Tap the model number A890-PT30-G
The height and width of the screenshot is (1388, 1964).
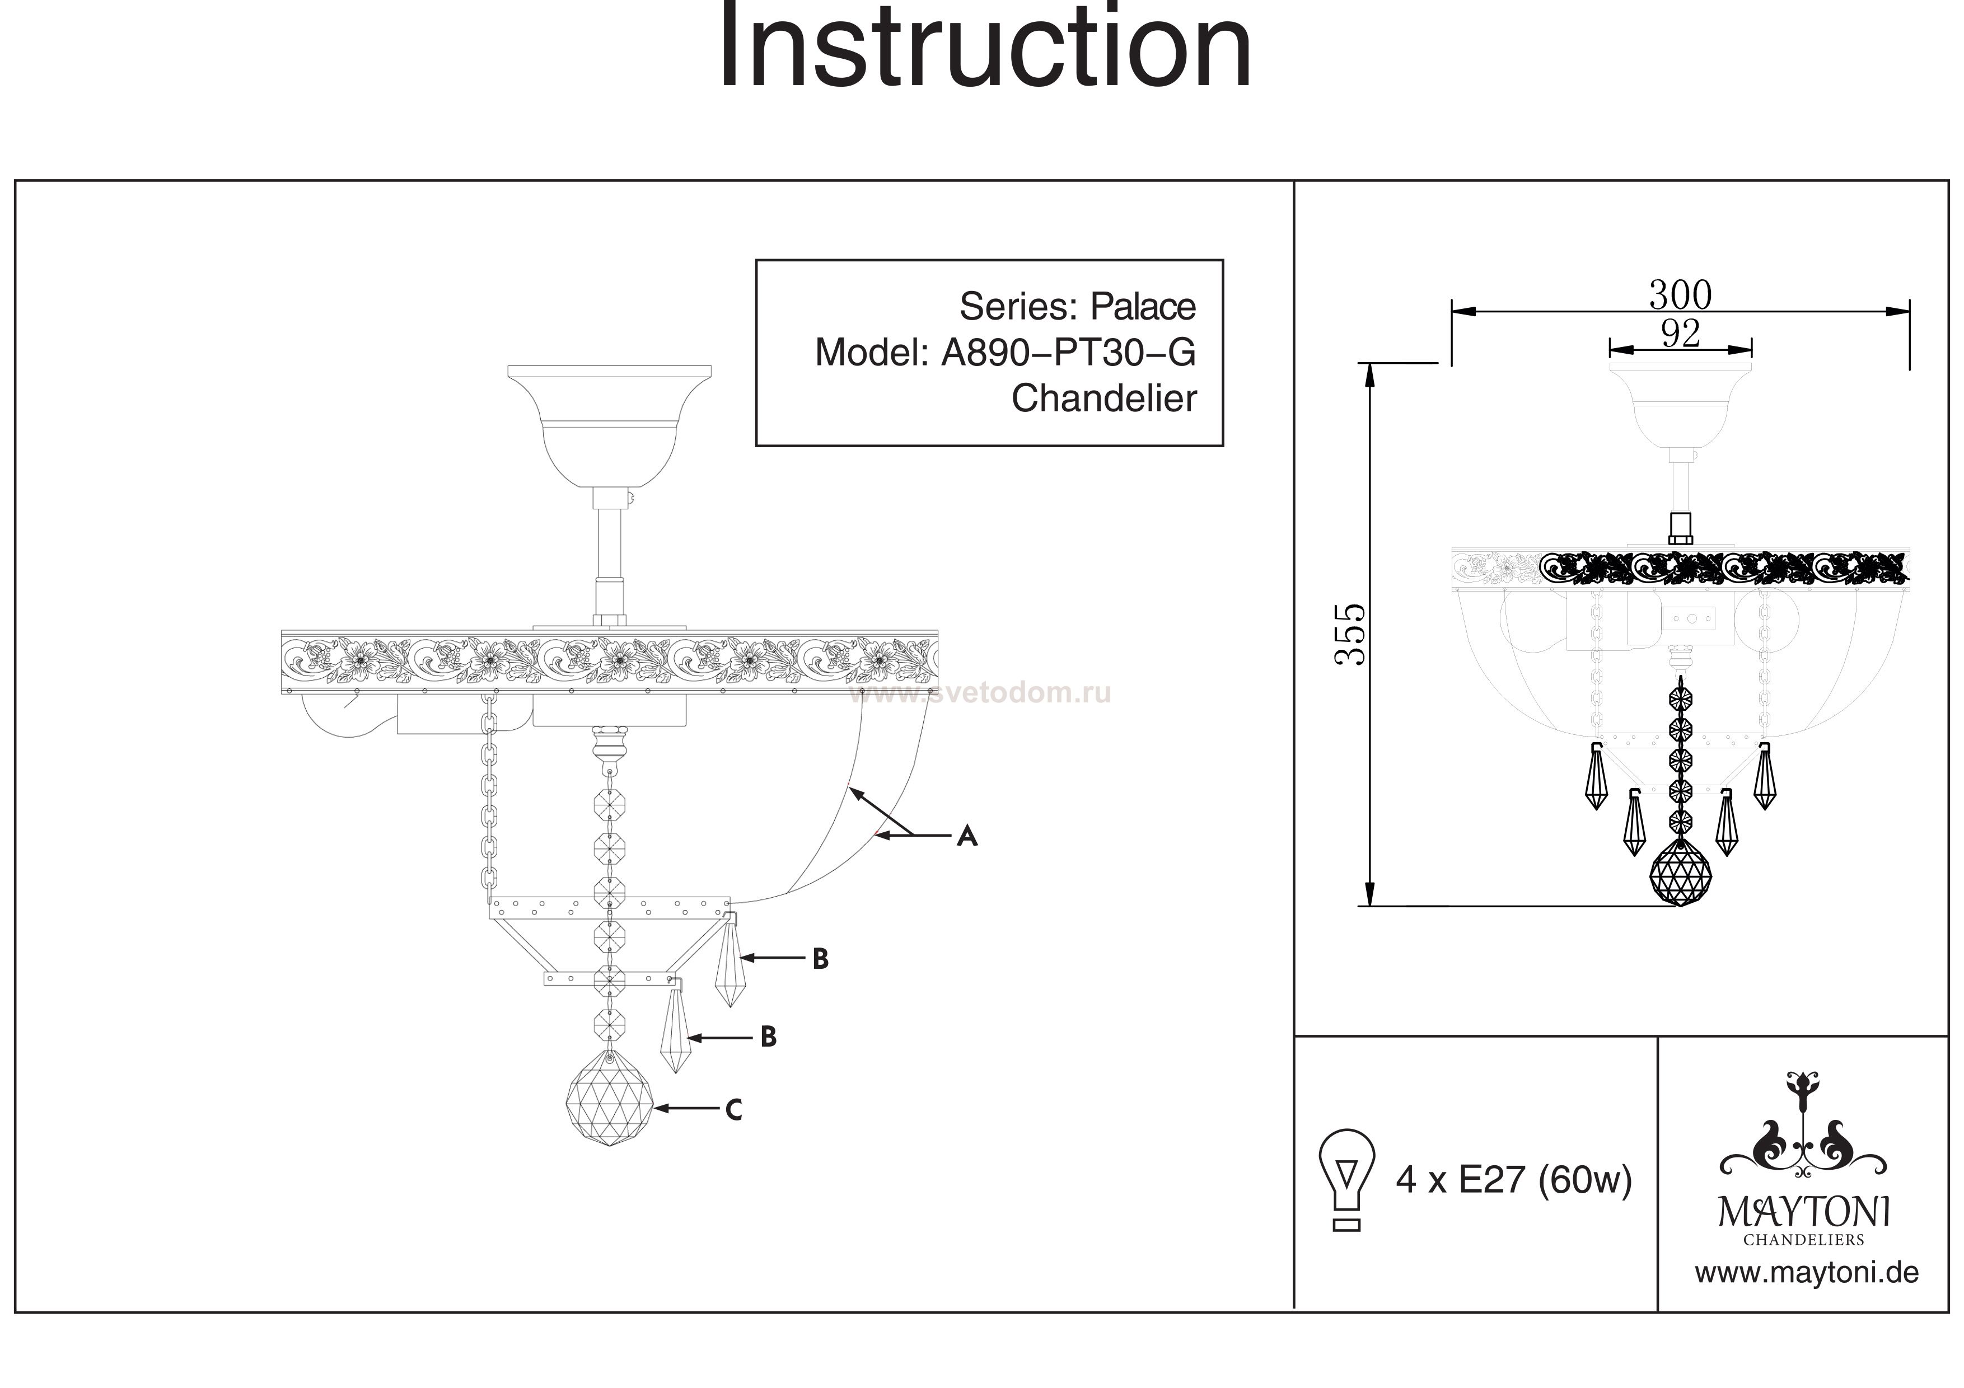pos(1068,353)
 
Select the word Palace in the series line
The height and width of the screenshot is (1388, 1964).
pos(1142,306)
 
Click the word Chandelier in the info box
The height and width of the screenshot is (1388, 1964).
pos(1103,398)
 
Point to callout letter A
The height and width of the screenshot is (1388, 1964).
pos(966,836)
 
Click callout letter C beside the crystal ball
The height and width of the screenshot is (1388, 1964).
pos(733,1110)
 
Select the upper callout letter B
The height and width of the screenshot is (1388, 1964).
pos(820,959)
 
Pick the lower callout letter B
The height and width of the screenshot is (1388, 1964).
pos(768,1038)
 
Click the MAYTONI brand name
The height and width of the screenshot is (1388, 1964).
pos(1803,1213)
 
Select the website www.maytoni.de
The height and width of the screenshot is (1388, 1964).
pos(1806,1273)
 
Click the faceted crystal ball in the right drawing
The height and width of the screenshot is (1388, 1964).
pos(1680,873)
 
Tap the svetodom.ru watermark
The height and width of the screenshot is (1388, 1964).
pos(979,693)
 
